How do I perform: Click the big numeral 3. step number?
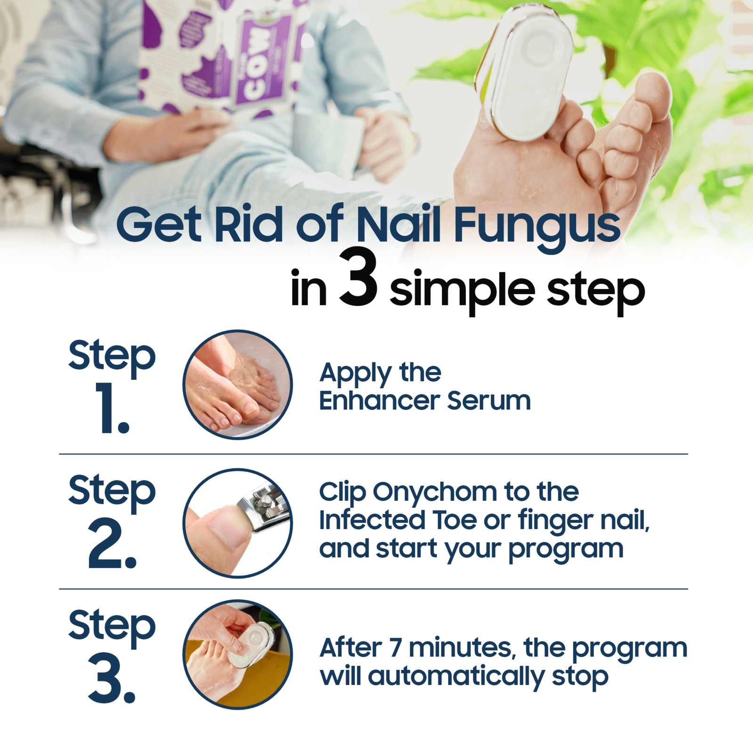point(112,678)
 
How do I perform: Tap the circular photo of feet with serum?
point(238,385)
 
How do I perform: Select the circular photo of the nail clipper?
point(238,523)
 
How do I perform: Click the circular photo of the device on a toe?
point(238,654)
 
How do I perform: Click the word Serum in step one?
point(489,401)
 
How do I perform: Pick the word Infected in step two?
point(372,520)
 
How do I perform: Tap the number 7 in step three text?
point(396,648)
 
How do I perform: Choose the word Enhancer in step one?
point(379,401)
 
